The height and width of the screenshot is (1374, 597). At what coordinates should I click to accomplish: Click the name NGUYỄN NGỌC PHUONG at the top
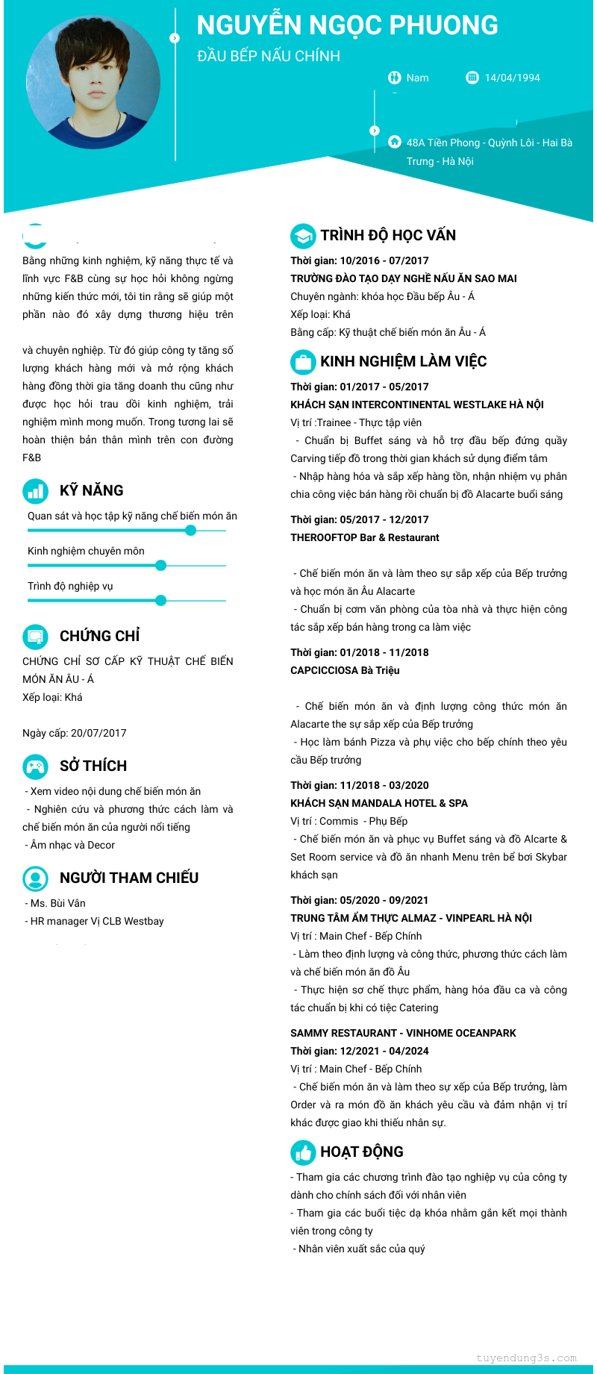pyautogui.click(x=347, y=25)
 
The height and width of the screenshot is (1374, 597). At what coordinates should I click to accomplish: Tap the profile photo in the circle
pyautogui.click(x=93, y=82)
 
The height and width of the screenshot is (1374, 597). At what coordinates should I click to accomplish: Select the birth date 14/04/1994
pyautogui.click(x=512, y=78)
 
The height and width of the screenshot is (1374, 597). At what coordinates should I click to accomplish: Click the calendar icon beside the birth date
pyautogui.click(x=472, y=77)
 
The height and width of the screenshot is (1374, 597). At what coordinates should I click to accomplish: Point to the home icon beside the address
pyautogui.click(x=395, y=142)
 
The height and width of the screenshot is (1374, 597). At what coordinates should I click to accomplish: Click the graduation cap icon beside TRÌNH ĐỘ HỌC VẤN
pyautogui.click(x=302, y=236)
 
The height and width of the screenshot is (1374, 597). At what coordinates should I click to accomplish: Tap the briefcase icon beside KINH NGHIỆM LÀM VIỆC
pyautogui.click(x=302, y=362)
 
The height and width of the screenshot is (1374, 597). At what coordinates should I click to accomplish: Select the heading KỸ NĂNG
pyautogui.click(x=91, y=490)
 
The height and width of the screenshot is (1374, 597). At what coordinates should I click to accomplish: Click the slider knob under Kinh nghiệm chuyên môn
pyautogui.click(x=160, y=566)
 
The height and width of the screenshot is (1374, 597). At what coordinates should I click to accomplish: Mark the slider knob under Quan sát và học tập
pyautogui.click(x=190, y=531)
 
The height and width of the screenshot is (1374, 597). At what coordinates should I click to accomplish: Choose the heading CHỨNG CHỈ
pyautogui.click(x=99, y=636)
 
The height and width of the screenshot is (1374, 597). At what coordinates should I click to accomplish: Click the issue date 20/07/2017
pyautogui.click(x=99, y=733)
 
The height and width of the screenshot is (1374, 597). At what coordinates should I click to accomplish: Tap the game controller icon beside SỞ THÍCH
pyautogui.click(x=35, y=766)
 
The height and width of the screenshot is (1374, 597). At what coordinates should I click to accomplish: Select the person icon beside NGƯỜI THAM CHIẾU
pyautogui.click(x=35, y=878)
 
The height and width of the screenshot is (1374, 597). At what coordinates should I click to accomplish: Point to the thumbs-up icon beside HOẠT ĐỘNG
pyautogui.click(x=302, y=1152)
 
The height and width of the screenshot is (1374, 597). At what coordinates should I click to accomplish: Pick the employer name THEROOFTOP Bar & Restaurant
pyautogui.click(x=364, y=537)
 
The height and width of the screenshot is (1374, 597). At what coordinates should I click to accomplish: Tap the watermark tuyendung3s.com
pyautogui.click(x=526, y=1358)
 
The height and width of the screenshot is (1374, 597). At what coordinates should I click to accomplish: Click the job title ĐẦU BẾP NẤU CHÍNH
pyautogui.click(x=269, y=56)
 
